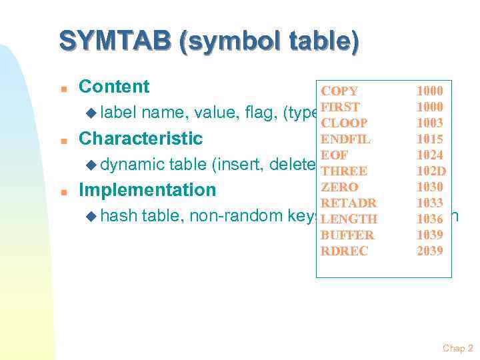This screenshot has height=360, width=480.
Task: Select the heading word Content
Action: pos(114,87)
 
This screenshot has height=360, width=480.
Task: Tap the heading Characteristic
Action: pos(140,139)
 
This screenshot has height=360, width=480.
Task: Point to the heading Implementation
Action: pos(147,190)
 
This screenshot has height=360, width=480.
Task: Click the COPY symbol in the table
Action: pos(339,91)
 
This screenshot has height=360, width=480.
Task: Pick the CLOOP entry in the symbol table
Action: pos(343,123)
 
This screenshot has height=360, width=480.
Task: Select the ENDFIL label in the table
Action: pos(345,139)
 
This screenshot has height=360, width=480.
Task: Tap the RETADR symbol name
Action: pos(348,203)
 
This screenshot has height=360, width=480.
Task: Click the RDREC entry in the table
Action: pos(344,251)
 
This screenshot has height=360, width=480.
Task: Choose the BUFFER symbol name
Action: pos(347,235)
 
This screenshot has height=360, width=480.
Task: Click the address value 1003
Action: pos(429,123)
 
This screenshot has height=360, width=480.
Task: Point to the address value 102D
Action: pos(431,171)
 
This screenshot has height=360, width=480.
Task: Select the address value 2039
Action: pos(429,251)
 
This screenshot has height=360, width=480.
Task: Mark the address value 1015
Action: pos(429,139)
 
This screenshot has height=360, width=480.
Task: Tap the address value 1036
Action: pos(429,219)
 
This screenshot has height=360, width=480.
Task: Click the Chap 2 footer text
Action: pos(457,348)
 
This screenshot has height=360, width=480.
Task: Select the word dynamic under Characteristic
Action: pos(134,165)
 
